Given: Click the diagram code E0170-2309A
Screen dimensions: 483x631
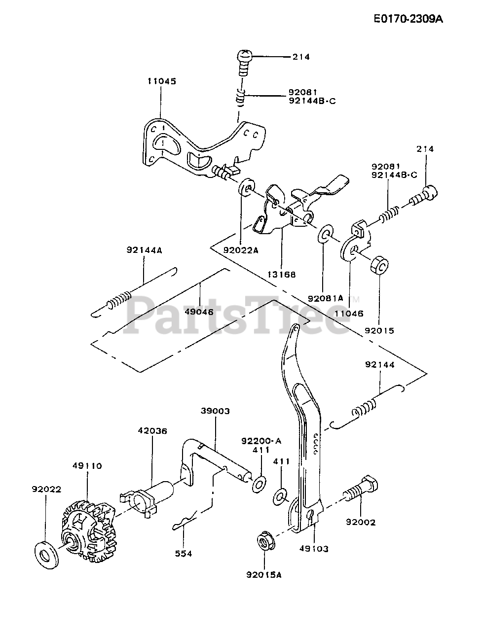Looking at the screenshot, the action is [x=408, y=19].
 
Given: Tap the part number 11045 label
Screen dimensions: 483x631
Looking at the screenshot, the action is [x=162, y=81].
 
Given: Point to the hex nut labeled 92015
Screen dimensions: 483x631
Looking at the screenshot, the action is [x=379, y=266].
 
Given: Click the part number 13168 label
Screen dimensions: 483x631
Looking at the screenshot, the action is [x=282, y=275].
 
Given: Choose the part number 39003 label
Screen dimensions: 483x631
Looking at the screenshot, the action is [x=216, y=411].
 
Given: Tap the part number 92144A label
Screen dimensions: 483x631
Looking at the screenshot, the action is [x=145, y=250].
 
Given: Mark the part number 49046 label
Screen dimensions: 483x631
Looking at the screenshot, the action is [x=199, y=312].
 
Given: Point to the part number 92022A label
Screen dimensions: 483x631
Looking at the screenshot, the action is [x=241, y=250].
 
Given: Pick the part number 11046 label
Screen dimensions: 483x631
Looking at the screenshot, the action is [x=349, y=314].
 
